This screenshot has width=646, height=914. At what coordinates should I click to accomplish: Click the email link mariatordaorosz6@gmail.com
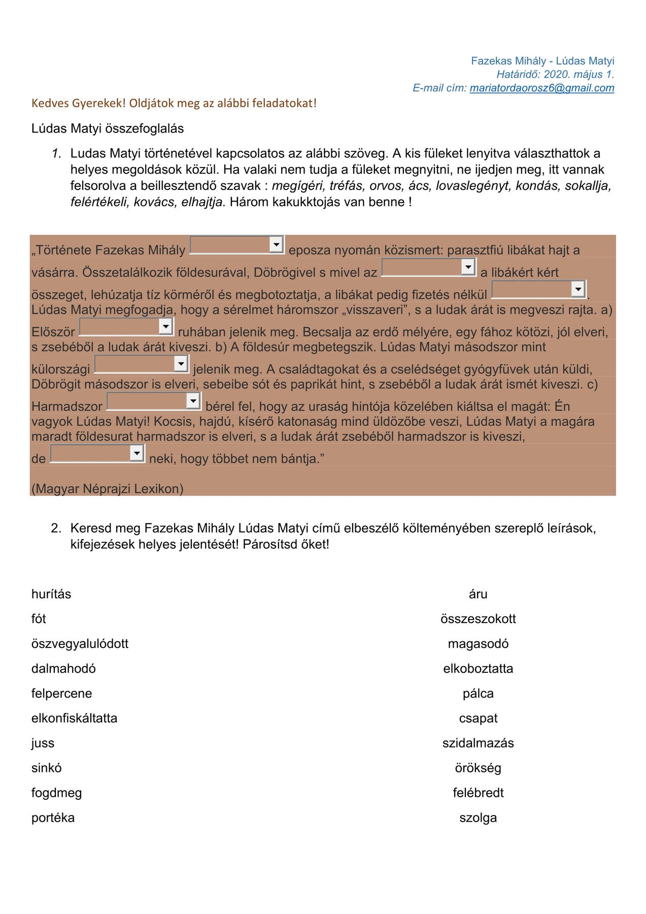[541, 88]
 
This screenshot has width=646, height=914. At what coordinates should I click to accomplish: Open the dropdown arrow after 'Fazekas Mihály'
[276, 245]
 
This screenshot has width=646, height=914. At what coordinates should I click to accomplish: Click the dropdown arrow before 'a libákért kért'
[468, 267]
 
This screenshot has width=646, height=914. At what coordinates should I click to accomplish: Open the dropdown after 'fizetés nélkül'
[578, 289]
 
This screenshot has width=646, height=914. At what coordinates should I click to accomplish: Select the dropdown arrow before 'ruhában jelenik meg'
[166, 327]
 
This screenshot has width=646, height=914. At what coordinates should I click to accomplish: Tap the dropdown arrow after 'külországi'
[181, 364]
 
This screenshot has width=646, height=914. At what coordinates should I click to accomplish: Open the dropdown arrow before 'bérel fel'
[193, 401]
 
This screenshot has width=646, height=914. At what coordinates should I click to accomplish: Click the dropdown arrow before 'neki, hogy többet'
[137, 453]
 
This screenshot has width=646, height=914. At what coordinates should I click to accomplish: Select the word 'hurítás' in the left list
[51, 594]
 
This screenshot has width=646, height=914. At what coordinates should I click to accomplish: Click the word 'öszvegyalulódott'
[80, 644]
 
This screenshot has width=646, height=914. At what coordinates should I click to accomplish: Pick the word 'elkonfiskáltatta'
[74, 719]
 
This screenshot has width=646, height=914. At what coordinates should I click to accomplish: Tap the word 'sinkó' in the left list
[46, 768]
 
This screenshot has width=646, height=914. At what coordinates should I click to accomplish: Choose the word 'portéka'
[53, 818]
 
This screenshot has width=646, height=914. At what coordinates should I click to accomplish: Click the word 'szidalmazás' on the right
[478, 743]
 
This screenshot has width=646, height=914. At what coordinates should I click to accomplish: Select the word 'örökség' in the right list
[478, 768]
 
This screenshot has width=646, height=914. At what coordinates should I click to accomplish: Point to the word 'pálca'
[478, 694]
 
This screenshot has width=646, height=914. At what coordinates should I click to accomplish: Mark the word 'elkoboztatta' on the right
[478, 669]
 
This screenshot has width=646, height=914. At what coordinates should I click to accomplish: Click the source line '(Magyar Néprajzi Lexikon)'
[107, 489]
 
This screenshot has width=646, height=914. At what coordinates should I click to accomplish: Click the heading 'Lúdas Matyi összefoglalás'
[108, 128]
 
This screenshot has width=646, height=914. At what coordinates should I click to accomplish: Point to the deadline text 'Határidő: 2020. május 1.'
[555, 75]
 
